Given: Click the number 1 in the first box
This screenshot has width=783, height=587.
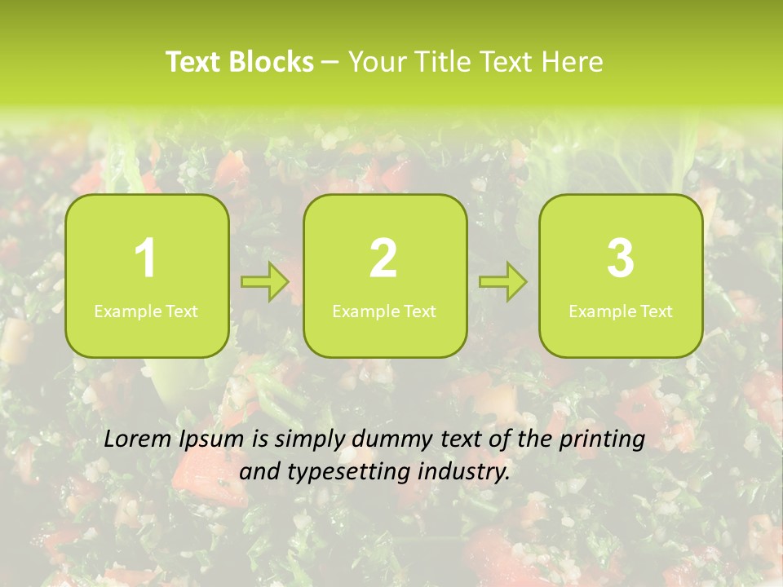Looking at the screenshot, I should (146, 258).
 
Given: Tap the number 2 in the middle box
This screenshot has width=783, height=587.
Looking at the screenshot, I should (383, 258).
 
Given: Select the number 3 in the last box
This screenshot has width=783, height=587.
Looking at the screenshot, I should (621, 258).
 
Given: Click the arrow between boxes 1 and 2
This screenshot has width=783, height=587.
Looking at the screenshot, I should (265, 282).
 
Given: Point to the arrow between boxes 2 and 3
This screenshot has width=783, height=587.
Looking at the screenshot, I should (503, 282).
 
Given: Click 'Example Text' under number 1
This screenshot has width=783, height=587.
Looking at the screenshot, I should (146, 311).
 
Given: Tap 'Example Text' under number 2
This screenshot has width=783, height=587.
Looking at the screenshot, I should (384, 311).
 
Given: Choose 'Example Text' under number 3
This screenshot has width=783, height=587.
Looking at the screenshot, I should (621, 311).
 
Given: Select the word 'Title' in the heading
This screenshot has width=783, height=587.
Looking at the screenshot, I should (445, 62).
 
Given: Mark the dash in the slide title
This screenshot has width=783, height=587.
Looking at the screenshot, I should (330, 63).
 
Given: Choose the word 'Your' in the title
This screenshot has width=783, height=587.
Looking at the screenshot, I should (375, 62).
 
